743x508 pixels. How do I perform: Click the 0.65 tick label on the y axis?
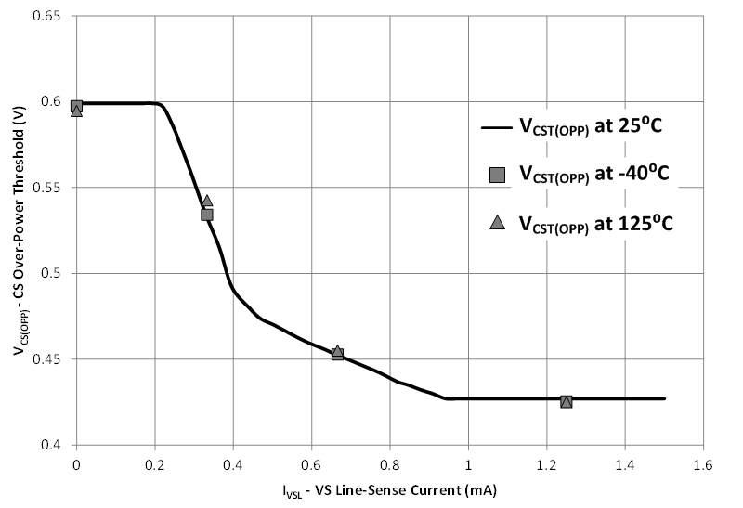(48, 17)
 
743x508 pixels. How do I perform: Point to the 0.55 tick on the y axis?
(48, 188)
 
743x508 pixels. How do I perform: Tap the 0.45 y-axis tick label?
(48, 359)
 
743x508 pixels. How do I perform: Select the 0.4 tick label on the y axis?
(54, 446)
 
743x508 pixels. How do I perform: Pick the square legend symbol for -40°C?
(497, 175)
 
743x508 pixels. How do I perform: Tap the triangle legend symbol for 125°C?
(497, 222)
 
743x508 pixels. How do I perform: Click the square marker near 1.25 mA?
(567, 401)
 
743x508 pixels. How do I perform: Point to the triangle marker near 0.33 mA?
(207, 201)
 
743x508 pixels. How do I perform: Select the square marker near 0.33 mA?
(207, 215)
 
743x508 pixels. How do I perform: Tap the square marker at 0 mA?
(76, 106)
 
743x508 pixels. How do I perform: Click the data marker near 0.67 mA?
(337, 354)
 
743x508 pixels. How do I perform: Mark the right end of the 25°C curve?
(665, 398)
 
